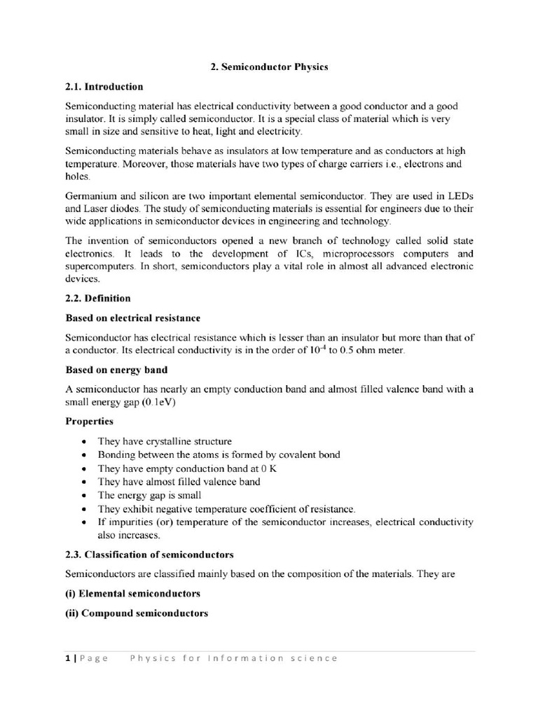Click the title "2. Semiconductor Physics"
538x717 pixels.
point(269,67)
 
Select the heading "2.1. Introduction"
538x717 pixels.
point(104,87)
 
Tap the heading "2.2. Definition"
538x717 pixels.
point(98,298)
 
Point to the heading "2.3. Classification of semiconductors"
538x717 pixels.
point(149,555)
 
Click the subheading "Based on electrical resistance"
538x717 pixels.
point(133,318)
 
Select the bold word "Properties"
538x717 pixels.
point(89,422)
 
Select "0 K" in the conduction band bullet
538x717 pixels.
point(268,468)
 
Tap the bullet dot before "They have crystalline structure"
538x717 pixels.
point(84,442)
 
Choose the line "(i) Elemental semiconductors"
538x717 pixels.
point(133,594)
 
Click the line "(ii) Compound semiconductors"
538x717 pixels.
point(137,613)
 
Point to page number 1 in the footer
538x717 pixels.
point(68,658)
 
